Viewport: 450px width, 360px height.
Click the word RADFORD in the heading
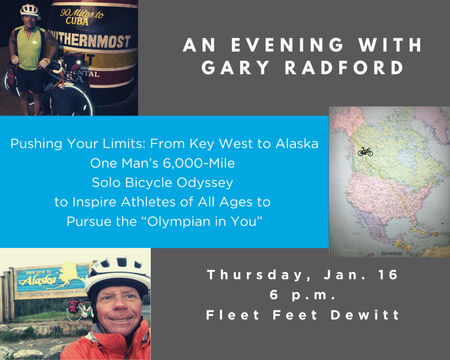point(344,67)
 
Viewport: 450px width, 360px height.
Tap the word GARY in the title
point(236,67)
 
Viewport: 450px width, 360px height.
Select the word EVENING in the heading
point(287,45)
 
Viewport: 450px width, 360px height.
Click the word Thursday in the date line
point(255,274)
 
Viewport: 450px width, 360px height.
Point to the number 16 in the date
point(388,274)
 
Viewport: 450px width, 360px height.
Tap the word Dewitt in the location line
point(364,314)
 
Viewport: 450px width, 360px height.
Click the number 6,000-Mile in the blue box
point(199,163)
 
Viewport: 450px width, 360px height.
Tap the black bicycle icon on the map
point(365,151)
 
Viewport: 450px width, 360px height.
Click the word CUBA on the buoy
point(77,21)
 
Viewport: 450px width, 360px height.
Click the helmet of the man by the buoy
point(30,11)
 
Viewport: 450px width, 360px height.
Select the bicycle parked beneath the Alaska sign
point(79,310)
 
